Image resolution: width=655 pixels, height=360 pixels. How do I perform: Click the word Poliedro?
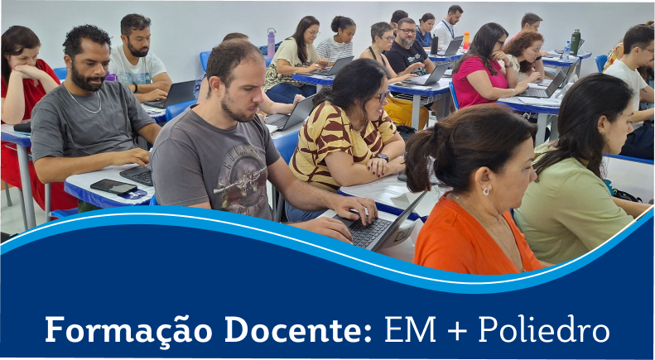[x=543, y=329]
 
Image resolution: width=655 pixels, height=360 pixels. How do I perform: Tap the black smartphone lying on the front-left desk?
[x=113, y=187]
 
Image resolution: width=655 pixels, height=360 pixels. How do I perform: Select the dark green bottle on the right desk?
[x=575, y=42]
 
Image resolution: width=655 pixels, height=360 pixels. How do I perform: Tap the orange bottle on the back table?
[x=466, y=40]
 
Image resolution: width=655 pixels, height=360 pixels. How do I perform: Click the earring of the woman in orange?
[x=485, y=190]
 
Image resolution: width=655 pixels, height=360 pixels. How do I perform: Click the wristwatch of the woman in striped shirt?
[x=382, y=156]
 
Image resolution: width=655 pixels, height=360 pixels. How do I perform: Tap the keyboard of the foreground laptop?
[x=367, y=231]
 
